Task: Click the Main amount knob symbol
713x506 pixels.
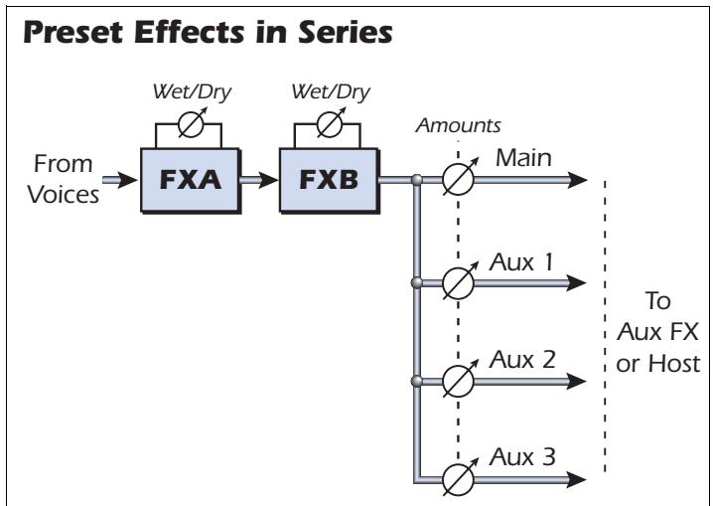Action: (x=460, y=181)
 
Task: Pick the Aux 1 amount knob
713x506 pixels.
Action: (x=460, y=283)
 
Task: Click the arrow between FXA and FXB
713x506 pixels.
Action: (x=263, y=181)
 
